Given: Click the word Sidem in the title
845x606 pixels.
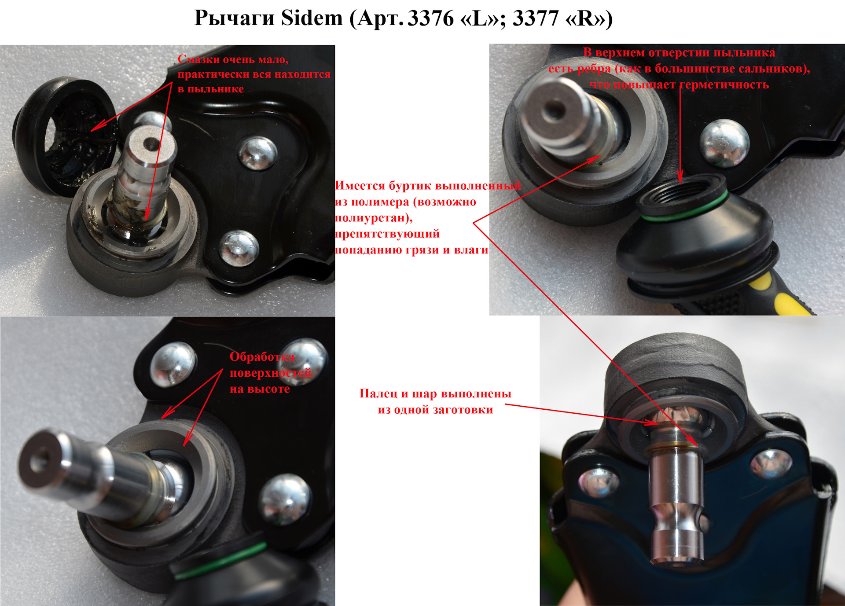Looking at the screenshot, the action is click(312, 18).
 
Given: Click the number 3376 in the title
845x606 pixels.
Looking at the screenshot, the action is click(430, 18).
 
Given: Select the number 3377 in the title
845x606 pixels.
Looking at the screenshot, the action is click(536, 18).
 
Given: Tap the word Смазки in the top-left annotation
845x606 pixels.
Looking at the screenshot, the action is click(198, 59).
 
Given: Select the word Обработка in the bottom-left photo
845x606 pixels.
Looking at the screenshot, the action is click(262, 356).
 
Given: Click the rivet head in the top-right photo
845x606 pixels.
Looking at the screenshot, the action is click(724, 143).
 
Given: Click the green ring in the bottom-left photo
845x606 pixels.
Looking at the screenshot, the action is click(220, 559).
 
